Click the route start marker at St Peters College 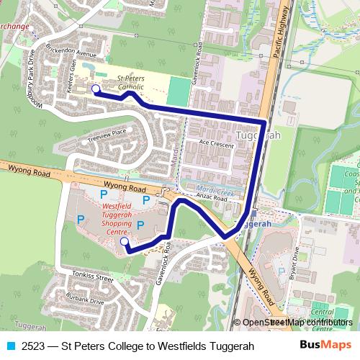tap(95, 89)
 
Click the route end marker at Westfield tap(123, 243)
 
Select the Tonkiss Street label tap(95, 277)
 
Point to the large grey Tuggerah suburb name tap(258, 136)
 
